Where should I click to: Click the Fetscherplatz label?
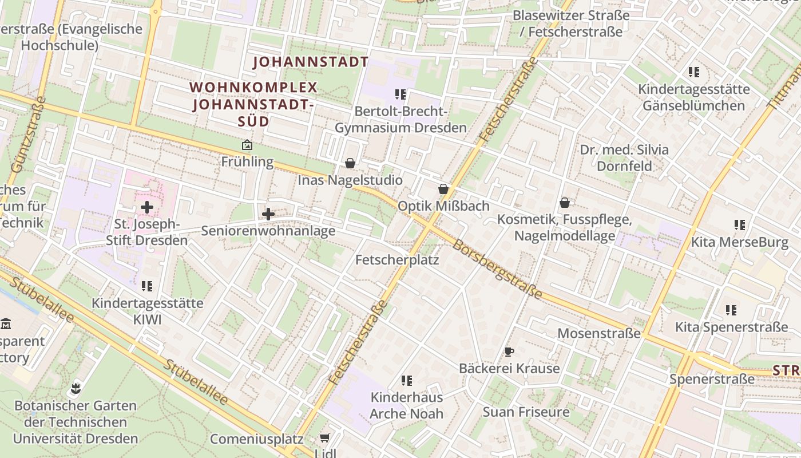point(397,260)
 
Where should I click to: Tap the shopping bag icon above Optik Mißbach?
point(443,189)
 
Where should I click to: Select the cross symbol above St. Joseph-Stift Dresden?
point(147,207)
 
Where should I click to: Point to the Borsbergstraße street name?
point(497,269)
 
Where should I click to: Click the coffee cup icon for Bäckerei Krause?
point(509,352)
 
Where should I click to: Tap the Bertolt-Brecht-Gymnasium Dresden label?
point(400,119)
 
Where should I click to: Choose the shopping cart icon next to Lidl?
point(324,438)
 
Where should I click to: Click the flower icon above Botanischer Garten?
point(75,389)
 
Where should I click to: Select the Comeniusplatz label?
point(256,439)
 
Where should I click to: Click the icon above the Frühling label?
point(247,145)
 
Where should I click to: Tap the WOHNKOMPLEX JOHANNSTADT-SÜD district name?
point(253,104)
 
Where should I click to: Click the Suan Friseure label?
point(526,412)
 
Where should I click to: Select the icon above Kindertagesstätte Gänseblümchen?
point(693,72)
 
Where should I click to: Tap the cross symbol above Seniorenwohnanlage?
point(268,215)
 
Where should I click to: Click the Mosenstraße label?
point(598,333)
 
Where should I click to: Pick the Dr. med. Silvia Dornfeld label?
point(624,158)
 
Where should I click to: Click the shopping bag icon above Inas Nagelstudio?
point(350,164)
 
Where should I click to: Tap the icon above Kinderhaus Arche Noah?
point(407,381)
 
